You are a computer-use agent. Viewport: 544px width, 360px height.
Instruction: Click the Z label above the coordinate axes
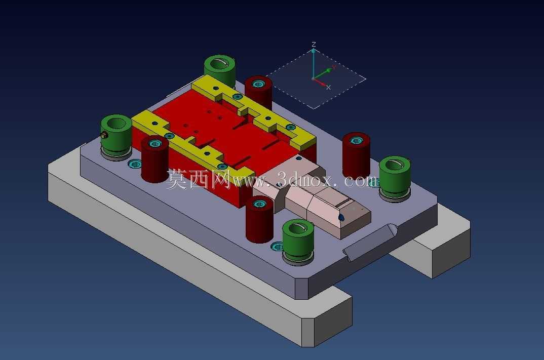point(314,44)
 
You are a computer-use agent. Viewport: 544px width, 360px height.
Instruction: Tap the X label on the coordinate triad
point(328,87)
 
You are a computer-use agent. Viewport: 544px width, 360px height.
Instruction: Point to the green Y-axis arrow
point(324,72)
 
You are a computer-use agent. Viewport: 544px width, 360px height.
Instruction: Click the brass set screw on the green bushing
point(103,135)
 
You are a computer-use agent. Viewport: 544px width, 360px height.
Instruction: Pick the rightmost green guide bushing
point(395,179)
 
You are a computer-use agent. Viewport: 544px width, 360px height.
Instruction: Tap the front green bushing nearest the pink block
point(298,242)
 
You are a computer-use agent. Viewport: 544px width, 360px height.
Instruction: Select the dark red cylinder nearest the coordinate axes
point(258,92)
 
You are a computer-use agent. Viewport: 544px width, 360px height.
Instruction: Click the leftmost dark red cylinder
point(154,159)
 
